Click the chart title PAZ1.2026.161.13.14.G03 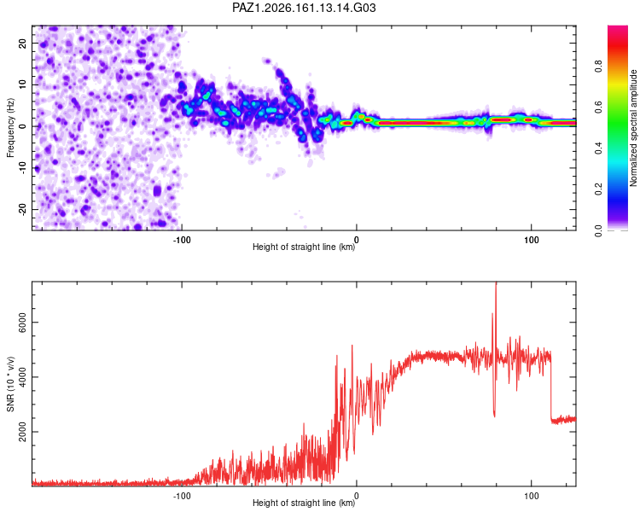point(304,8)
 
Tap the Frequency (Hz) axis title point(10,128)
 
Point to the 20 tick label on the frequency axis point(22,44)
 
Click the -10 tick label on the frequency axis point(22,167)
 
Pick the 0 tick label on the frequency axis point(22,126)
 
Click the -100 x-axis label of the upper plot point(182,240)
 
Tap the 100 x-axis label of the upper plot point(532,240)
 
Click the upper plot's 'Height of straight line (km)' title point(304,247)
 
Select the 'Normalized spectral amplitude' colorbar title point(633,128)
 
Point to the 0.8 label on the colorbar point(598,66)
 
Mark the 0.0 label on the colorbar point(598,230)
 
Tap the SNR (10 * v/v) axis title point(10,384)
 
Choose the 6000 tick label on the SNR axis point(22,323)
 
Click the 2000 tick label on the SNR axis point(22,432)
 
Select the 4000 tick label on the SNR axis point(22,377)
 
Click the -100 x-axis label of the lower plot point(182,496)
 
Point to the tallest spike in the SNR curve point(496,283)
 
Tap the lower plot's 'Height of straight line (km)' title point(304,503)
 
